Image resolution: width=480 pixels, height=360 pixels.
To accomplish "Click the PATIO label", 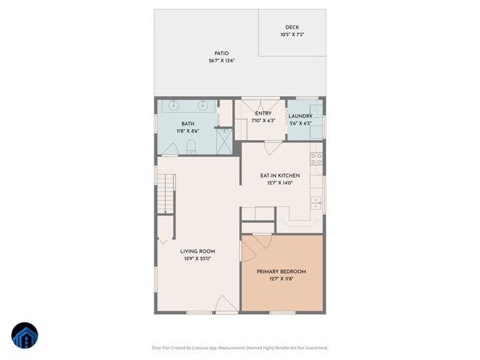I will pyautogui.click(x=221, y=53).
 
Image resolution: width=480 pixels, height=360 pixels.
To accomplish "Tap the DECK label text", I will pyautogui.click(x=292, y=27).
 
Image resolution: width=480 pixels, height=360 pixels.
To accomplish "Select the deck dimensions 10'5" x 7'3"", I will pyautogui.click(x=292, y=34).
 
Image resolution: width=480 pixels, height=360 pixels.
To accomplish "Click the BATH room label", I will pyautogui.click(x=188, y=123).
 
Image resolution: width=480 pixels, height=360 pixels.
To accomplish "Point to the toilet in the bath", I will pyautogui.click(x=190, y=145).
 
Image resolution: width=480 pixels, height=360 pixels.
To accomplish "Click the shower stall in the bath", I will pyautogui.click(x=223, y=140).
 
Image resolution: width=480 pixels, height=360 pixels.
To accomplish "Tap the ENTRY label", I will pyautogui.click(x=263, y=113).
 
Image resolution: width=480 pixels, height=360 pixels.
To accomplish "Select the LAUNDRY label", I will pyautogui.click(x=300, y=116).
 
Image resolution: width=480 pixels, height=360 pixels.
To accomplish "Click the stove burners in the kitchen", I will pyautogui.click(x=316, y=159).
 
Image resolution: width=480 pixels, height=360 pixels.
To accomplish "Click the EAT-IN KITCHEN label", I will pyautogui.click(x=279, y=175).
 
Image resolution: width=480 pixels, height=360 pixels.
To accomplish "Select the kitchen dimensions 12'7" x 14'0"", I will pyautogui.click(x=279, y=183).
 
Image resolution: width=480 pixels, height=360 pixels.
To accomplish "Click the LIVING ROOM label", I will pyautogui.click(x=198, y=251).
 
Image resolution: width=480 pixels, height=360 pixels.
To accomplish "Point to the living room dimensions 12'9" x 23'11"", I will pyautogui.click(x=198, y=259).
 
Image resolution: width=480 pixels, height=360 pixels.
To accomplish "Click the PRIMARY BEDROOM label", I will pyautogui.click(x=281, y=271).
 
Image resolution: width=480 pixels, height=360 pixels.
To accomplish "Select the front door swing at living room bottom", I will pyautogui.click(x=226, y=304).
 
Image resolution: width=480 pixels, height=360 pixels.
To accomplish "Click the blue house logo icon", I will pyautogui.click(x=25, y=337).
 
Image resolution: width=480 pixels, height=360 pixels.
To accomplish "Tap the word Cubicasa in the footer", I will pyautogui.click(x=200, y=347).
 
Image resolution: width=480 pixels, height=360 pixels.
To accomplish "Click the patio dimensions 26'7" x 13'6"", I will pyautogui.click(x=221, y=61).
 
